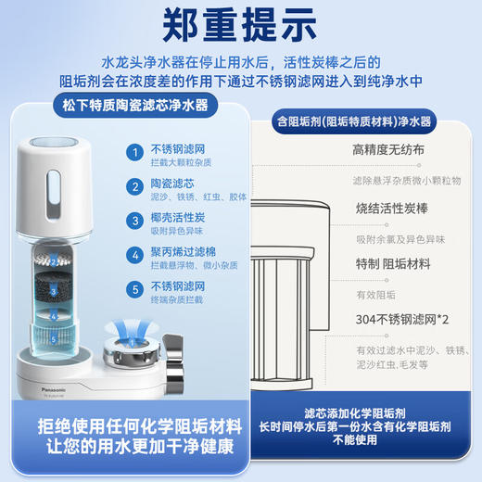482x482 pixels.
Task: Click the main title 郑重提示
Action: [241, 26]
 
